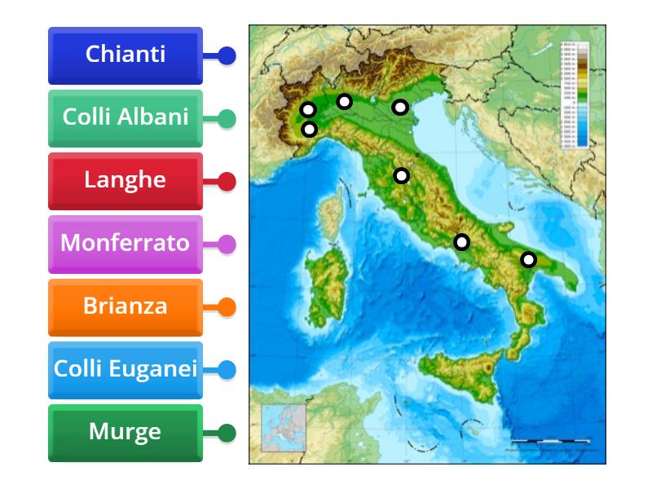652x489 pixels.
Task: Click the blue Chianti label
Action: [126, 55]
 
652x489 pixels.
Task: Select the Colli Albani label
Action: [126, 117]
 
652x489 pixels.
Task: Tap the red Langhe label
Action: [126, 180]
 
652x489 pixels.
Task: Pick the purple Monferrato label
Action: [126, 243]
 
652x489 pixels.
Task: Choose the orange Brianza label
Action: [126, 306]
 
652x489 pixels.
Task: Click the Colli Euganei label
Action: [126, 369]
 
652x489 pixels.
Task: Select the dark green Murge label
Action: [126, 432]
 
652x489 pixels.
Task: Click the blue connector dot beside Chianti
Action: [227, 55]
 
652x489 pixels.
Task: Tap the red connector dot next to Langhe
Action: [227, 181]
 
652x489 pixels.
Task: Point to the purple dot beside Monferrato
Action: [227, 244]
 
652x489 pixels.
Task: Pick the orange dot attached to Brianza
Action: [227, 307]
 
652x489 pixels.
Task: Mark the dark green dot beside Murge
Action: [227, 433]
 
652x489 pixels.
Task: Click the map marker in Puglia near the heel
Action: [529, 260]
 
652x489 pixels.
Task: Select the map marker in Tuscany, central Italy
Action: [401, 175]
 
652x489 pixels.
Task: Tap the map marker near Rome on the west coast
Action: [462, 241]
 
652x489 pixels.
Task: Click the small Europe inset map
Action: [283, 427]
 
